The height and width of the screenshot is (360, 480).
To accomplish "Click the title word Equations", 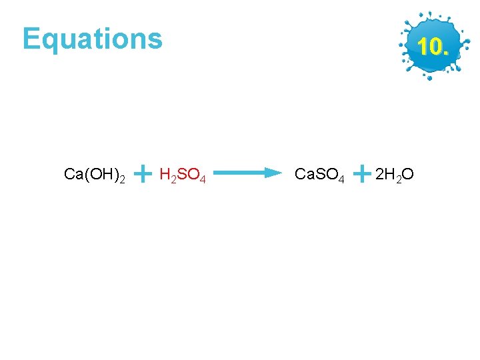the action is pos(92,39).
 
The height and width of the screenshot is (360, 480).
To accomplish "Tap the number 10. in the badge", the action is pos(432,47).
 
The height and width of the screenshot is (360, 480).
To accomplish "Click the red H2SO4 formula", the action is pos(182,175).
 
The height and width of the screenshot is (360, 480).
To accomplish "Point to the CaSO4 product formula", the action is pos(319,175).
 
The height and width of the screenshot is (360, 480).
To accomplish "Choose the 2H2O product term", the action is pos(394,175).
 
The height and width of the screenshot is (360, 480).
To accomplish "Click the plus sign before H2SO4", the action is pos(142,174).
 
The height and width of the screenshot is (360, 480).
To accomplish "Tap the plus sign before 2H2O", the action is pos(361,174).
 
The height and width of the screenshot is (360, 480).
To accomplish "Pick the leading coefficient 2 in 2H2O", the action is pos(379,175).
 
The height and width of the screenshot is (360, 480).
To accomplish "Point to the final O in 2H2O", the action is pos(408,175).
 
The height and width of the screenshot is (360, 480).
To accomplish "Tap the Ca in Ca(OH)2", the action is pos(73,175).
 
